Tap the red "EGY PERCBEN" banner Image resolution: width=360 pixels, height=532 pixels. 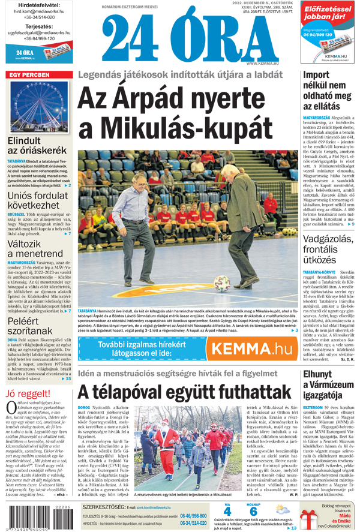pyautogui.click(x=29, y=75)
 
